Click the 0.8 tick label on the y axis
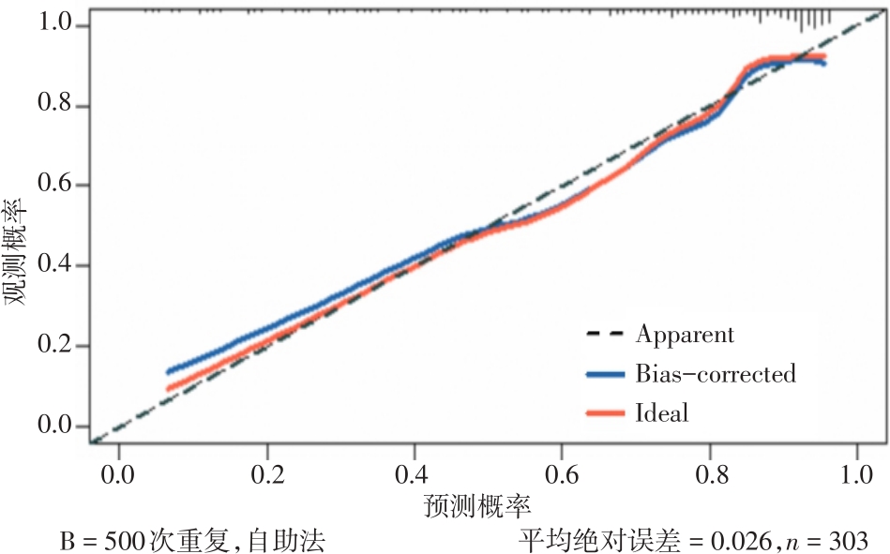[56, 105]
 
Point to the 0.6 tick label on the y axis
[56, 185]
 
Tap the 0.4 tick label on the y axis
[56, 265]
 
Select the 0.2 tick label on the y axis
[56, 346]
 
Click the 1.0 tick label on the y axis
[56, 23]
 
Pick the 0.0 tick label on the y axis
[56, 427]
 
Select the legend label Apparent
[685, 334]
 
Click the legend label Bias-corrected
[716, 374]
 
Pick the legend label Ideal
[662, 412]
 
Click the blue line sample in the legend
[604, 375]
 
